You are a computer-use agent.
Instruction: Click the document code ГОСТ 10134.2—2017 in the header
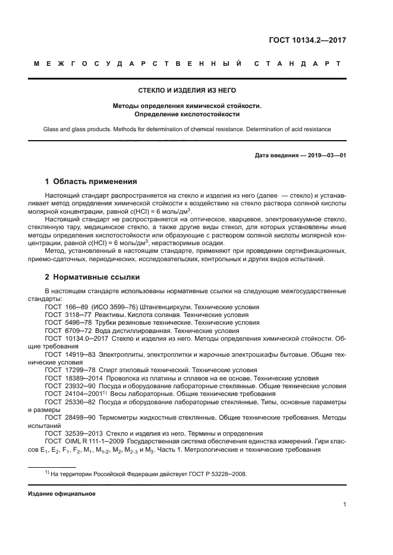pos(306,40)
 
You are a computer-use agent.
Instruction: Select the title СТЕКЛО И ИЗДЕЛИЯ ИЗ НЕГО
pos(187,90)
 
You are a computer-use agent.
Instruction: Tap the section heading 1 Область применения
pos(91,182)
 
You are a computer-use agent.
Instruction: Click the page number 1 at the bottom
pos(344,505)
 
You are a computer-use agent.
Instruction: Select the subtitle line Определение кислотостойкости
pos(187,113)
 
